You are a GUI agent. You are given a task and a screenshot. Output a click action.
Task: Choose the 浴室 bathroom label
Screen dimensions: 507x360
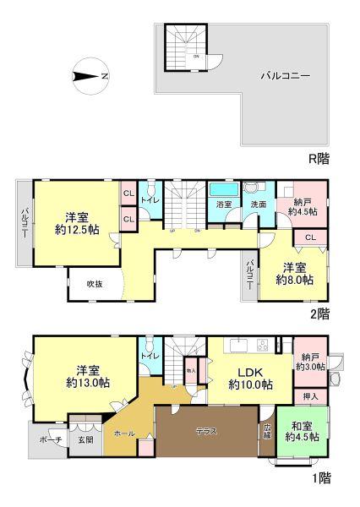224,204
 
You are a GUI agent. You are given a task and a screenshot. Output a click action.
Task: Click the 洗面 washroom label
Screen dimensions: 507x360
258,204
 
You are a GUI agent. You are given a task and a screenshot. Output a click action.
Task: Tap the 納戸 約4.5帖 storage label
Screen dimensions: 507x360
302,207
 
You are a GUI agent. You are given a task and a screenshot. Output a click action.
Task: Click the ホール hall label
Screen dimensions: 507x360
123,433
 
